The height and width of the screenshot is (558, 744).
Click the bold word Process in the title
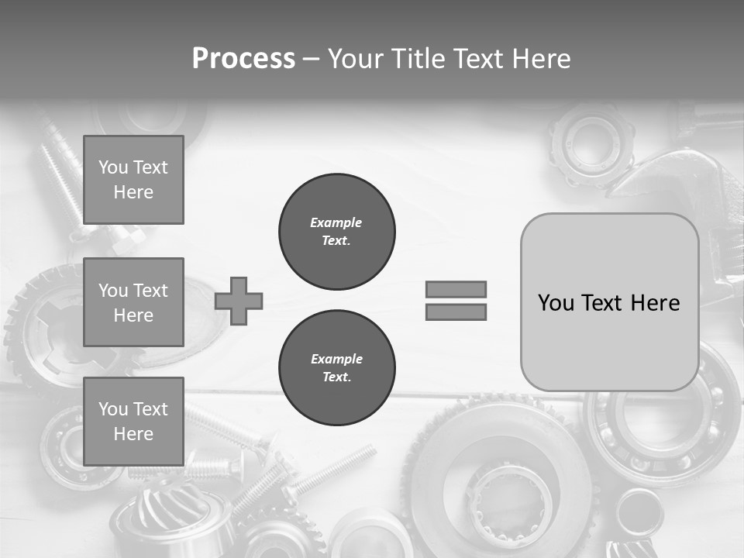243,59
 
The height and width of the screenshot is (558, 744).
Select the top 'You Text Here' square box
133,180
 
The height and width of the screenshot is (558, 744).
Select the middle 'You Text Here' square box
133,302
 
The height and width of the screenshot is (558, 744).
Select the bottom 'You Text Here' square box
133,421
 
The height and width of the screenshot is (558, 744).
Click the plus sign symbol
239,301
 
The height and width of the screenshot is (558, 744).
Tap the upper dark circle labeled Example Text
336,232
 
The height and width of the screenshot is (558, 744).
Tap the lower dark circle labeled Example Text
336,368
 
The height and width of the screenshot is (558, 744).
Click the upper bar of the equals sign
456,289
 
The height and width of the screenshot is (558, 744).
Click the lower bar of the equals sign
456,312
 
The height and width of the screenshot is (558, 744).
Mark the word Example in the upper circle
336,222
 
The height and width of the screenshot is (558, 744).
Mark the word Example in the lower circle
336,359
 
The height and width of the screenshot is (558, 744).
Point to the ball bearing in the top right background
591,144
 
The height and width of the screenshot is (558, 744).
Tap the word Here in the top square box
133,192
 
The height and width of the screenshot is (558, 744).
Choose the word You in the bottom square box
112,408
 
